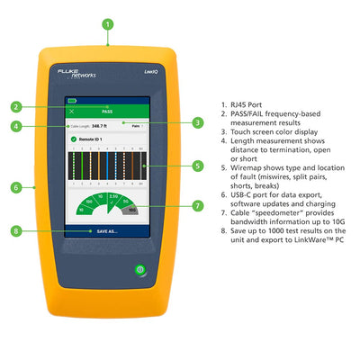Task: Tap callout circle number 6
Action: pos(15,187)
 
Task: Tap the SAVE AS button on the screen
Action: pos(110,230)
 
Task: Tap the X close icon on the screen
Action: pos(71,112)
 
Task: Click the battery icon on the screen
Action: pos(71,102)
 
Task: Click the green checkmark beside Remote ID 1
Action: pos(72,140)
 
